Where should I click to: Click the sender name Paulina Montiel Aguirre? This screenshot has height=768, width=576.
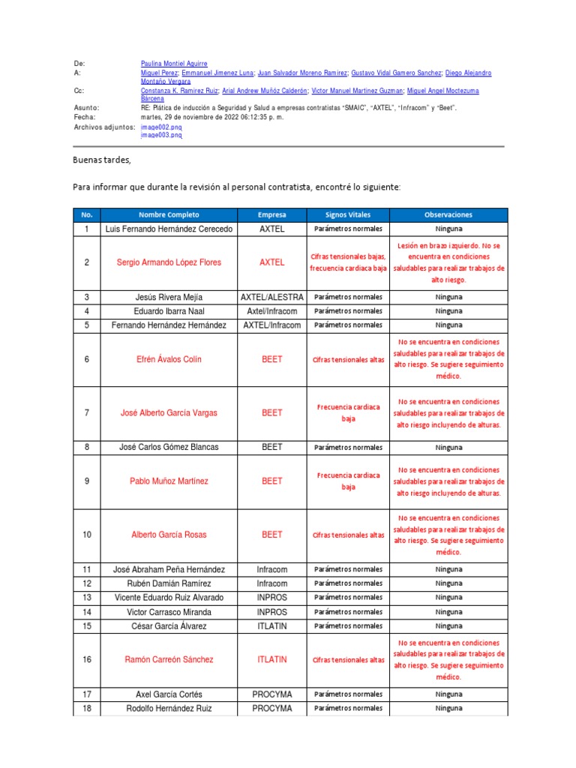[174, 64]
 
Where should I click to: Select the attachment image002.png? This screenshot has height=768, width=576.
[161, 127]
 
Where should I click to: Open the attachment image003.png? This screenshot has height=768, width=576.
[161, 136]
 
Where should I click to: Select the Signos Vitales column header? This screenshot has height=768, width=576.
[347, 214]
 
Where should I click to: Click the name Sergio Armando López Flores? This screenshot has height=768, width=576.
[169, 262]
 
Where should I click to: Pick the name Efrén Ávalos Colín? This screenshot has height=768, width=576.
[169, 359]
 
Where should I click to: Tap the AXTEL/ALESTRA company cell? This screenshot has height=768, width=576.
[271, 297]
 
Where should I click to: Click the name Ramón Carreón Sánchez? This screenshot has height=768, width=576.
[169, 660]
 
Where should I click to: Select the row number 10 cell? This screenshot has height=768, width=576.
[87, 535]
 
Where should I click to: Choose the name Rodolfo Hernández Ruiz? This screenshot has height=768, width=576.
[169, 709]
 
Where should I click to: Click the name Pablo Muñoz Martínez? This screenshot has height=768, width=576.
[169, 481]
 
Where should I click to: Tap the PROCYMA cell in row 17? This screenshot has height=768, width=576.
[271, 694]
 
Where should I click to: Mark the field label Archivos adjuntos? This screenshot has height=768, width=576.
[104, 127]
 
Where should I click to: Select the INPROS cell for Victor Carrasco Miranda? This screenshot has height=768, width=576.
[271, 612]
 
